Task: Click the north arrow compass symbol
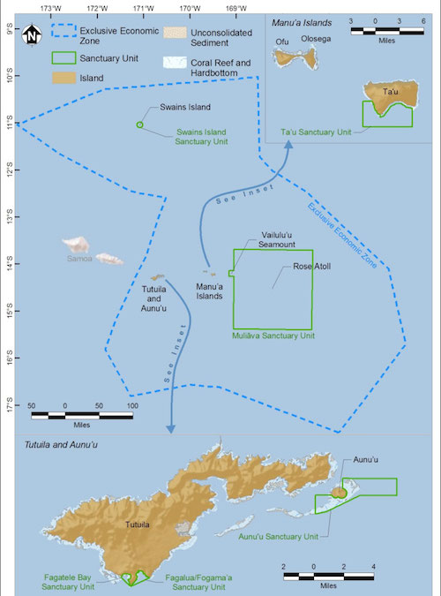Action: click(x=32, y=34)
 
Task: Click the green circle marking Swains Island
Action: click(x=139, y=124)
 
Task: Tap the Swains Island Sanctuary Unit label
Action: click(x=201, y=137)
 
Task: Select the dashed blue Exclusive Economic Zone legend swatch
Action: click(x=64, y=30)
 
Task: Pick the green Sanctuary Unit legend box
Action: click(x=64, y=57)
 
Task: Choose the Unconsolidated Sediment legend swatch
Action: click(x=176, y=33)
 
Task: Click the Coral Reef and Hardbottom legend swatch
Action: click(x=176, y=63)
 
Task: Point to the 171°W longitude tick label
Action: click(x=143, y=8)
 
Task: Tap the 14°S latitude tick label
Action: click(x=9, y=264)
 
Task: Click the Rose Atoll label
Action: click(x=312, y=266)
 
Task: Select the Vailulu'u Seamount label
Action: click(x=277, y=240)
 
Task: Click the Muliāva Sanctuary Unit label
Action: click(x=273, y=336)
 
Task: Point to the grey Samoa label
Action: click(x=79, y=259)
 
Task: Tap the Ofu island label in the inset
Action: click(x=282, y=41)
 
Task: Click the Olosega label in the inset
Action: click(x=316, y=39)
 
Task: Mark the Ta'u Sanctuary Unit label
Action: click(x=316, y=132)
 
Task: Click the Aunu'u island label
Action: click(x=365, y=459)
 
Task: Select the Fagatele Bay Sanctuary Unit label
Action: click(x=68, y=582)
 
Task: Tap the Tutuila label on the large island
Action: click(x=137, y=524)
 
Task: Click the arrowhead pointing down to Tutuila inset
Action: click(x=171, y=428)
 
